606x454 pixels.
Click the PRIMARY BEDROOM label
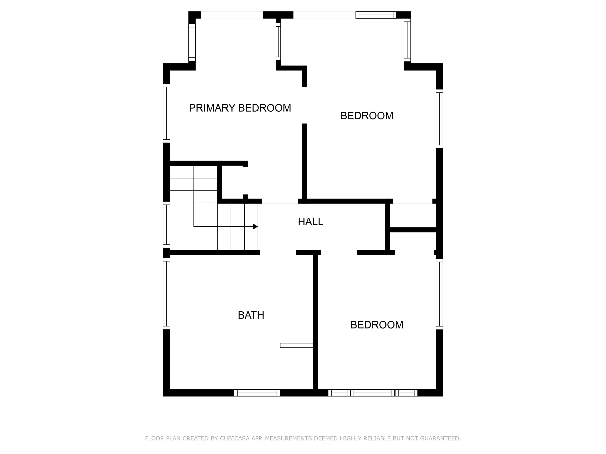240,108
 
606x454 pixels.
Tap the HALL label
310,222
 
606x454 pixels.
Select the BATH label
251,315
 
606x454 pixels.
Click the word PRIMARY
212,108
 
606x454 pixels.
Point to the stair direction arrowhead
255,227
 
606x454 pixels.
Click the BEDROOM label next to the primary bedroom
367,116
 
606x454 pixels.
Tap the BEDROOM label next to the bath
377,325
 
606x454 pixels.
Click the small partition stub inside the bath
296,345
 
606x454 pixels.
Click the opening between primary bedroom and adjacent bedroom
304,105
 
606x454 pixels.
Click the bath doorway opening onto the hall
278,252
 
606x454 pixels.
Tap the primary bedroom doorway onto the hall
280,201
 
